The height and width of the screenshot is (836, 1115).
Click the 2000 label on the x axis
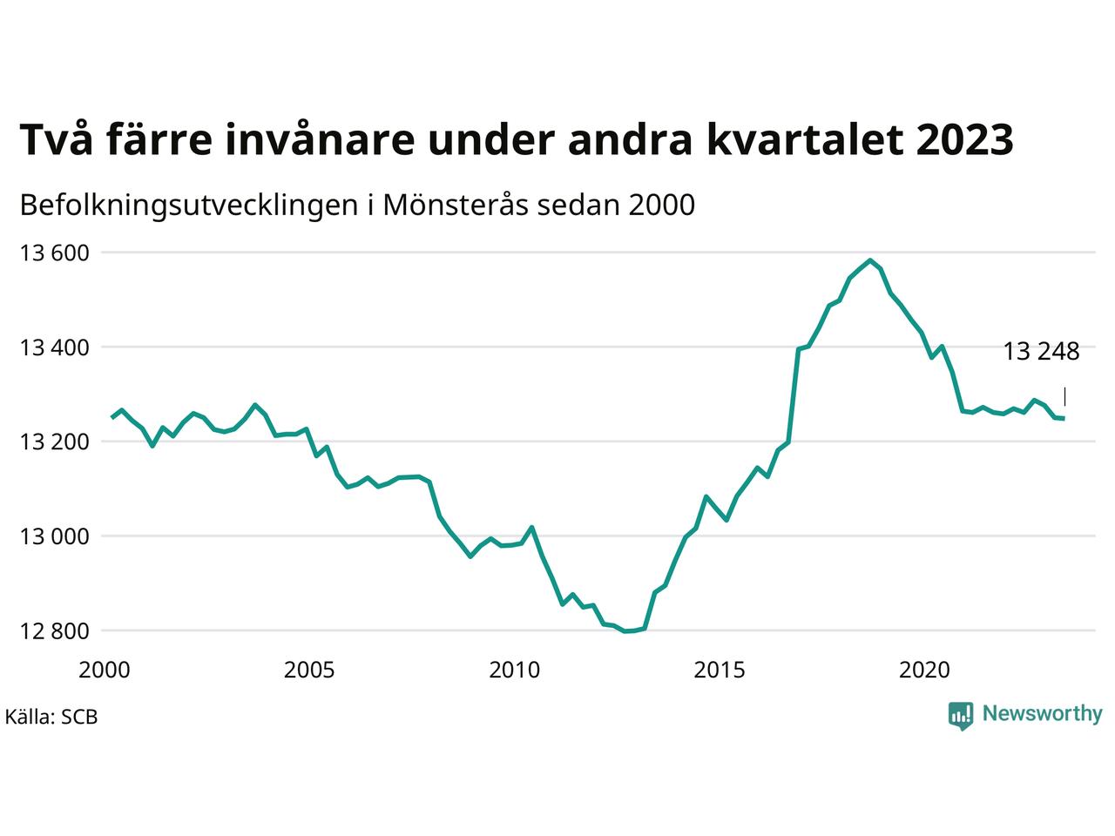(105, 670)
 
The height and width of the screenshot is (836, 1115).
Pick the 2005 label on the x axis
(309, 670)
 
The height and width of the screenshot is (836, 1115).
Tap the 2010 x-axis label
(515, 670)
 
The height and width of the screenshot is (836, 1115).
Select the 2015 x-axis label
(720, 670)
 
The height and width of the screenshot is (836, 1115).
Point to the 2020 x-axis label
(924, 670)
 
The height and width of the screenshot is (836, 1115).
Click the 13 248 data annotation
(1041, 351)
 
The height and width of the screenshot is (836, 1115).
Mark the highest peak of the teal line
(870, 260)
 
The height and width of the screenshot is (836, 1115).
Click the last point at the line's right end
(1064, 418)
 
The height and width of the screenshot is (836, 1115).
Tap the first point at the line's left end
(112, 418)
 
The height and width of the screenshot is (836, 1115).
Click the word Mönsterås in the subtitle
(456, 205)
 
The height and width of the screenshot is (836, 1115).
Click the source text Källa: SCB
(51, 717)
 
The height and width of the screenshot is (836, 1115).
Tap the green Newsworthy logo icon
(961, 716)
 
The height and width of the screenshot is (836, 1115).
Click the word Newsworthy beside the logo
(1043, 714)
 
